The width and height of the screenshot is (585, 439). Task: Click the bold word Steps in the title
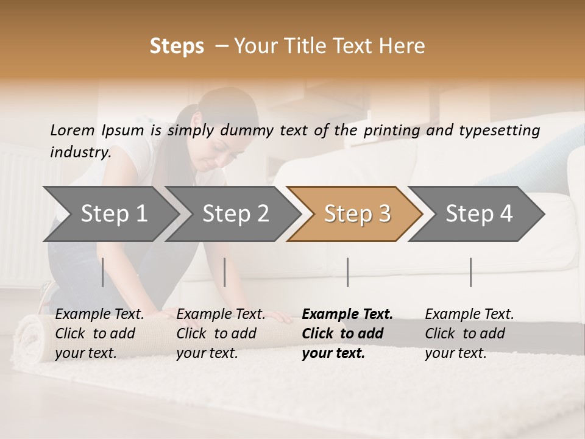pyautogui.click(x=177, y=46)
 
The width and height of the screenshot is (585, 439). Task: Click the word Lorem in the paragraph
pyautogui.click(x=72, y=130)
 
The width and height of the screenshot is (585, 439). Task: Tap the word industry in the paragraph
pyautogui.click(x=80, y=152)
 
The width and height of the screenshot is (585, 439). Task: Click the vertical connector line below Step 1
pyautogui.click(x=102, y=272)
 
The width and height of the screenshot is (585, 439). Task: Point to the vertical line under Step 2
pyautogui.click(x=225, y=272)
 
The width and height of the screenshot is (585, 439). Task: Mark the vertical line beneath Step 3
pyautogui.click(x=347, y=272)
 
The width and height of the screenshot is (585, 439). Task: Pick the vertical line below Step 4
pyautogui.click(x=470, y=272)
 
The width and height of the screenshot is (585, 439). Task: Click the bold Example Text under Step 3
pyautogui.click(x=347, y=315)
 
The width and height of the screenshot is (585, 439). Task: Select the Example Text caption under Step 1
pyautogui.click(x=100, y=315)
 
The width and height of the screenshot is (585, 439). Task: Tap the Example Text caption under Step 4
pyautogui.click(x=469, y=315)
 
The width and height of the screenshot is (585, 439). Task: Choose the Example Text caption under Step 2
pyautogui.click(x=221, y=315)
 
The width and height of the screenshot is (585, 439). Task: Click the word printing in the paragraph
pyautogui.click(x=392, y=130)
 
